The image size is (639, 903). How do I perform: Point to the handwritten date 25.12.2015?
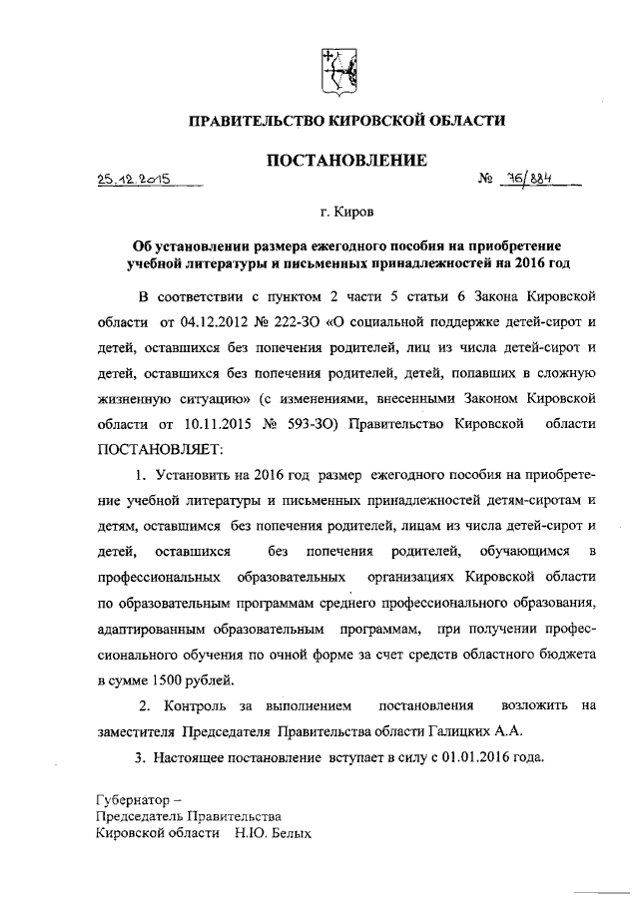tap(132, 181)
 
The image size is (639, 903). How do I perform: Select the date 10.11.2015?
tap(216, 423)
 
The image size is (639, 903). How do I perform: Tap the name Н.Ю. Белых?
tap(274, 832)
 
